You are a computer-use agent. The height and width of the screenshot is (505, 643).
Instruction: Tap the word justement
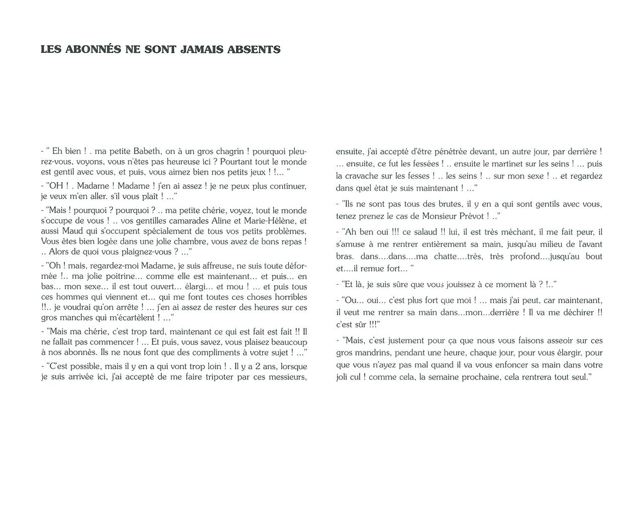coord(392,340)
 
